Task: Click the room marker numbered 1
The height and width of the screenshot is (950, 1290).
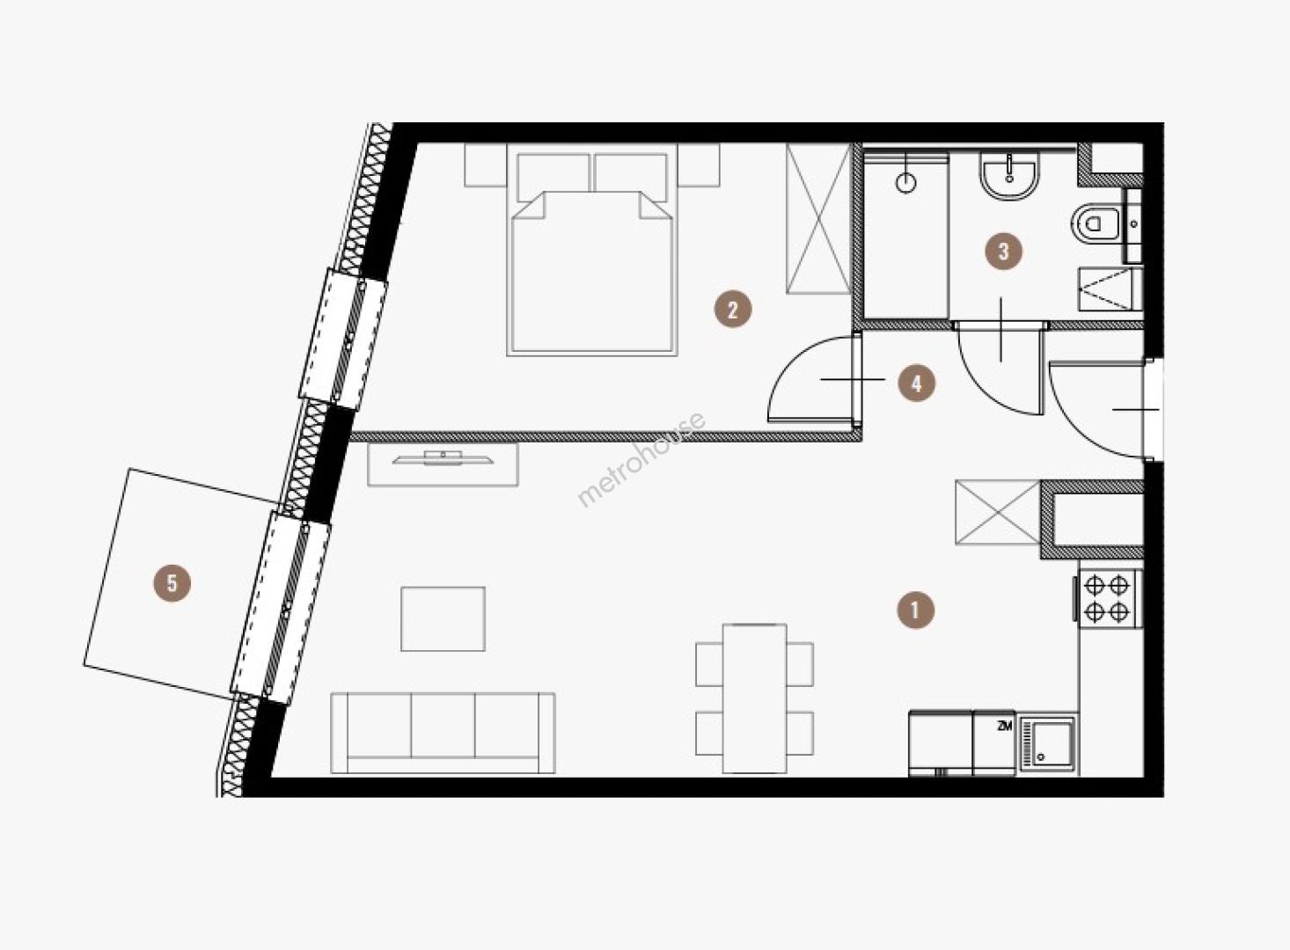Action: pyautogui.click(x=916, y=610)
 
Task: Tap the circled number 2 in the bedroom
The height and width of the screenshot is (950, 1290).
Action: pyautogui.click(x=732, y=311)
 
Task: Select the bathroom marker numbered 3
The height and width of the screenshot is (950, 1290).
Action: pyautogui.click(x=1003, y=252)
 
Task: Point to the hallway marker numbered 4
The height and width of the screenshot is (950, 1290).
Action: pyautogui.click(x=917, y=383)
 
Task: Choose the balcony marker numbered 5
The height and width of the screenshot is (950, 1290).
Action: pyautogui.click(x=172, y=583)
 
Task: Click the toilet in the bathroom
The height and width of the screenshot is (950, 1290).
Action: pyautogui.click(x=1095, y=223)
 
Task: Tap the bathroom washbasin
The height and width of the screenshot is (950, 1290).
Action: pyautogui.click(x=1010, y=176)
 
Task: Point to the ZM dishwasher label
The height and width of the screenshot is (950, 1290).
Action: pyautogui.click(x=1004, y=727)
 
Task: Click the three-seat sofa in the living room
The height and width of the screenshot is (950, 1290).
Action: pyautogui.click(x=443, y=733)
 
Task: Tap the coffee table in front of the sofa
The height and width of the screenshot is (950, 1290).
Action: pyautogui.click(x=443, y=619)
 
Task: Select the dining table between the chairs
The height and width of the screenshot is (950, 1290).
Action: pyautogui.click(x=754, y=698)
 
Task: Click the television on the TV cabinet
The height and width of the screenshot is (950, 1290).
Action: pyautogui.click(x=443, y=457)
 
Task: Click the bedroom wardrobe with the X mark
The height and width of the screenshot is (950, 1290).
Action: pyautogui.click(x=818, y=219)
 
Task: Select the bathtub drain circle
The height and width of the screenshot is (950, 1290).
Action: pyautogui.click(x=905, y=183)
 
